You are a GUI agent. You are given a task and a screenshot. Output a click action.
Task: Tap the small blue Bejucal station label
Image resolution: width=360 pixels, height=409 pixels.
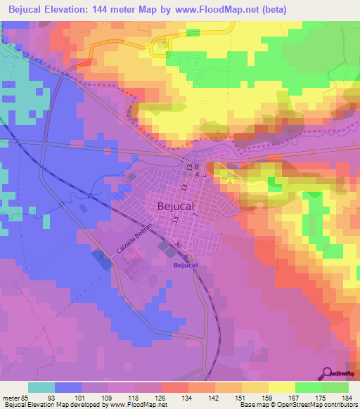point(186,265)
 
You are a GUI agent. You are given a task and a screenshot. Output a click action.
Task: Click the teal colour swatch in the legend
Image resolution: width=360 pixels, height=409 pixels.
point(41,388)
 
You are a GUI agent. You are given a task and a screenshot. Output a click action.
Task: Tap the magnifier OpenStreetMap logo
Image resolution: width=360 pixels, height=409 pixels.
point(328,372)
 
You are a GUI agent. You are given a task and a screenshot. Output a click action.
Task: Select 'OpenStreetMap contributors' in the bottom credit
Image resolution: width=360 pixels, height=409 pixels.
point(320,405)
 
